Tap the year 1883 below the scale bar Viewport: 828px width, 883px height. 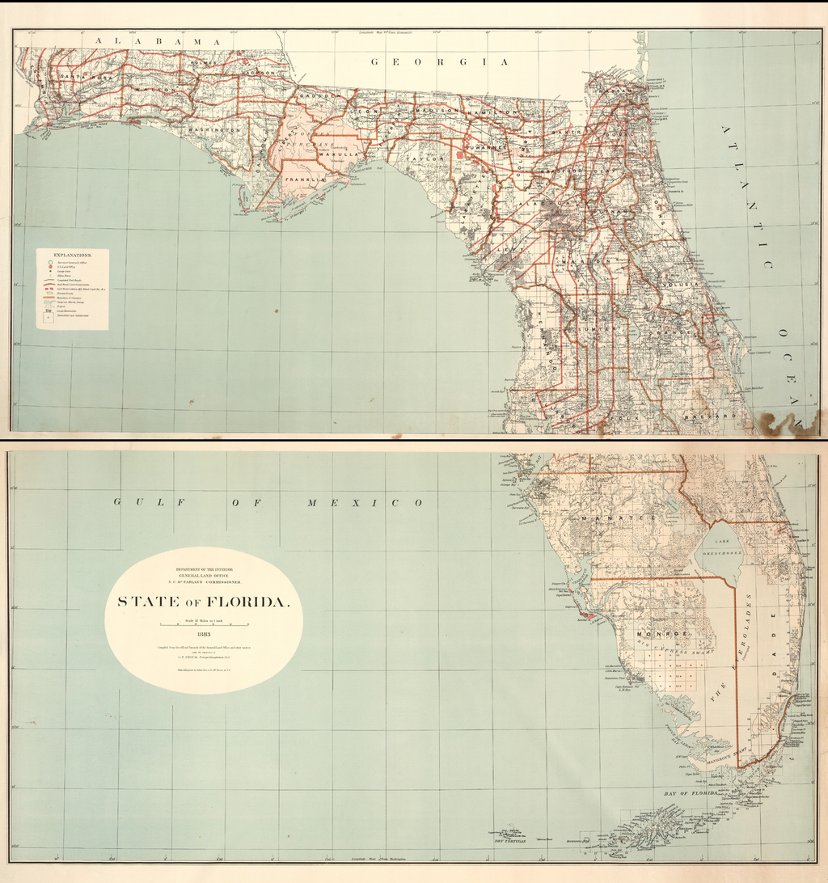point(204,634)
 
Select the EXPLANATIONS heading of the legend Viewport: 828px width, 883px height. point(72,255)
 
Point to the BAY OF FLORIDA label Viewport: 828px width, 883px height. point(691,794)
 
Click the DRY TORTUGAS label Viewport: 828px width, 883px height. point(509,841)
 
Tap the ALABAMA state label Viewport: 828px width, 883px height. point(158,40)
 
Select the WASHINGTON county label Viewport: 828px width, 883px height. point(215,129)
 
